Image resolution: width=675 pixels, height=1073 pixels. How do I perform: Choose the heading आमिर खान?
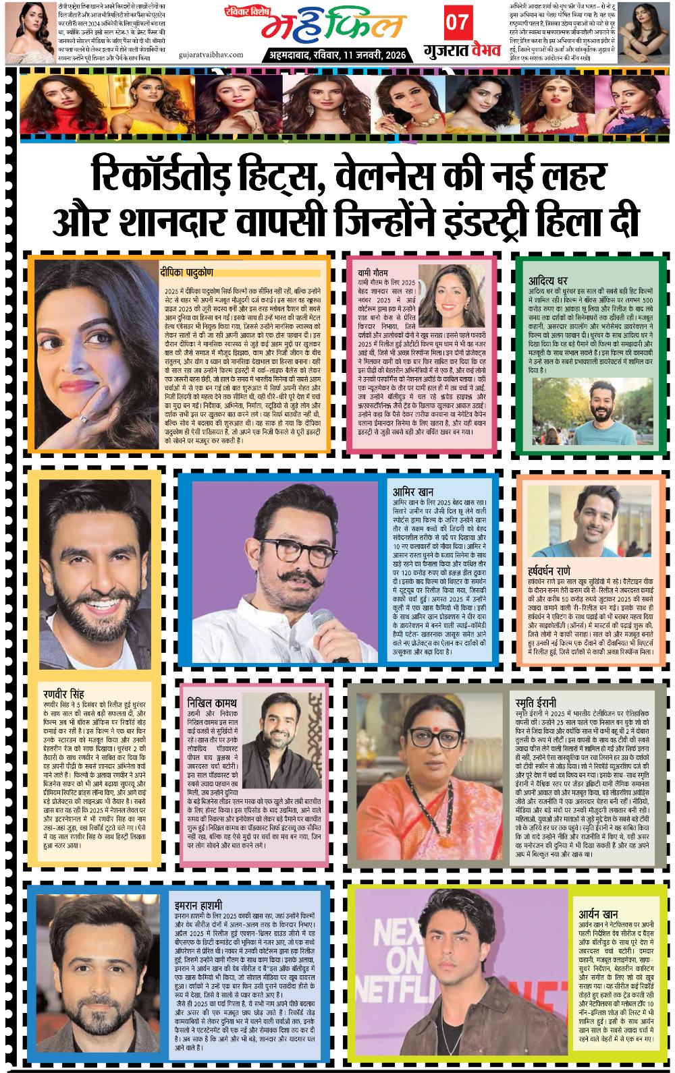pyautogui.click(x=413, y=492)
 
